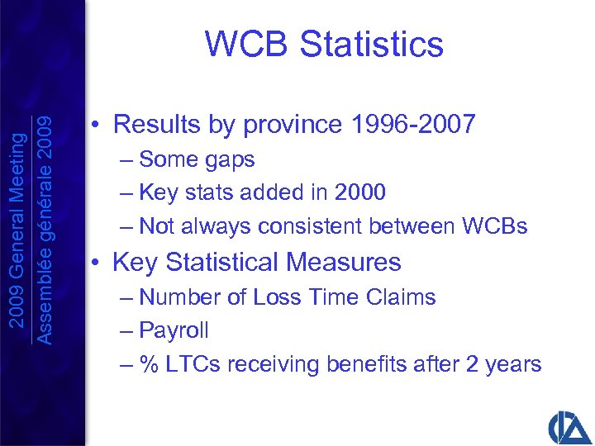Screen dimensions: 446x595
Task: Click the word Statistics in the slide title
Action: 372,44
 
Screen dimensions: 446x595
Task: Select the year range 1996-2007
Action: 413,125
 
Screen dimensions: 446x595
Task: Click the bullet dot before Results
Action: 97,126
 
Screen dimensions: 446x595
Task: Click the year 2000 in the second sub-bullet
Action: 360,192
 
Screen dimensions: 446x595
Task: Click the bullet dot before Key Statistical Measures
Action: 97,263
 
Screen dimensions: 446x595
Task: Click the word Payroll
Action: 174,330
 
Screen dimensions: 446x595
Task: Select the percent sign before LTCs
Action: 149,364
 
